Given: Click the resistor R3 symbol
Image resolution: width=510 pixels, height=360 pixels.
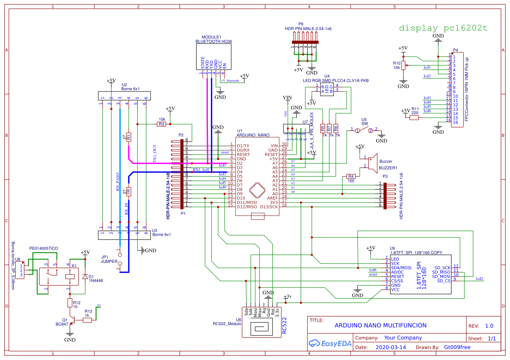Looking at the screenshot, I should click(x=161, y=124).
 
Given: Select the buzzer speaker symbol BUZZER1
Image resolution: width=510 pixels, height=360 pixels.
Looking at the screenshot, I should click(x=372, y=162).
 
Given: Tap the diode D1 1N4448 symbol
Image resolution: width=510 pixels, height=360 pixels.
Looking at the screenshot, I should click(x=85, y=276).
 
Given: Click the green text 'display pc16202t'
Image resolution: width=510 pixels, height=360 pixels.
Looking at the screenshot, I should click(x=443, y=28).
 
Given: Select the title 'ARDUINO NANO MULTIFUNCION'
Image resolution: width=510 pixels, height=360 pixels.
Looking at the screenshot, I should click(x=380, y=326).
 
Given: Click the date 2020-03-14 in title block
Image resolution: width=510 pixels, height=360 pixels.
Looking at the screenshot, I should click(x=391, y=347).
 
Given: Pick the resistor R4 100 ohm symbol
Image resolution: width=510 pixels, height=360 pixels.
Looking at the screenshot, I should click(x=351, y=176).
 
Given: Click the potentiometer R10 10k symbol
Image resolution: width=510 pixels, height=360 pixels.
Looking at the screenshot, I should click(x=404, y=66).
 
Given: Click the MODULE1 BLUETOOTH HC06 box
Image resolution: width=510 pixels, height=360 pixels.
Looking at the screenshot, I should click(x=213, y=56).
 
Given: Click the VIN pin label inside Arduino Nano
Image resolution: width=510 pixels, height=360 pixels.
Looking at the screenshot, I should click(x=274, y=146).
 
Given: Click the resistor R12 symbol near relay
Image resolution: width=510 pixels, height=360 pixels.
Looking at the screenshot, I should click(x=70, y=302).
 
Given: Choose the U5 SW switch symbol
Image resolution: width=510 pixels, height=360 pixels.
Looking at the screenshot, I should click(x=364, y=130).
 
